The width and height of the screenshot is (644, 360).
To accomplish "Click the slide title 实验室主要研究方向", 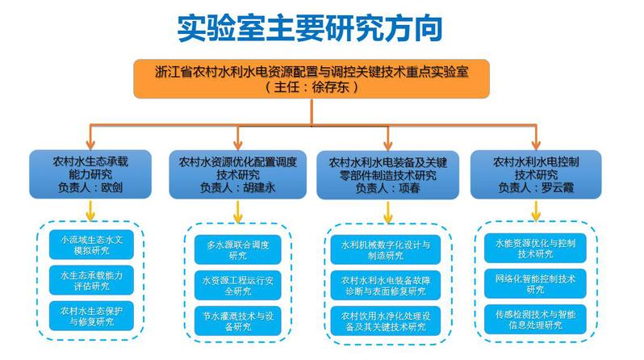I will [311, 27].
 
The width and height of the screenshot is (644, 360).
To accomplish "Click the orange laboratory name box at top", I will [311, 78].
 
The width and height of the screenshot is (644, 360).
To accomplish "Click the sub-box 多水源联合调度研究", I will [237, 249].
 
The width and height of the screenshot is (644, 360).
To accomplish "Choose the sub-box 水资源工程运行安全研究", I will [237, 284].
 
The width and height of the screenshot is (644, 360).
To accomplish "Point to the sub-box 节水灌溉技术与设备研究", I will [237, 320].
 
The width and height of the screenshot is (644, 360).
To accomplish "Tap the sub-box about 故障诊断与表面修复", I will [384, 285].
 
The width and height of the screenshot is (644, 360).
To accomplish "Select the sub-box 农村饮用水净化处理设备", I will [384, 320].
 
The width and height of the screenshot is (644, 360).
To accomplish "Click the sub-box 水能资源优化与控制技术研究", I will [535, 247].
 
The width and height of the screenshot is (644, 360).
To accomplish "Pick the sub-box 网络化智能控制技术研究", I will [535, 283].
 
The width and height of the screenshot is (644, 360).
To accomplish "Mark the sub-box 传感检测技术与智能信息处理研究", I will [535, 318].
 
